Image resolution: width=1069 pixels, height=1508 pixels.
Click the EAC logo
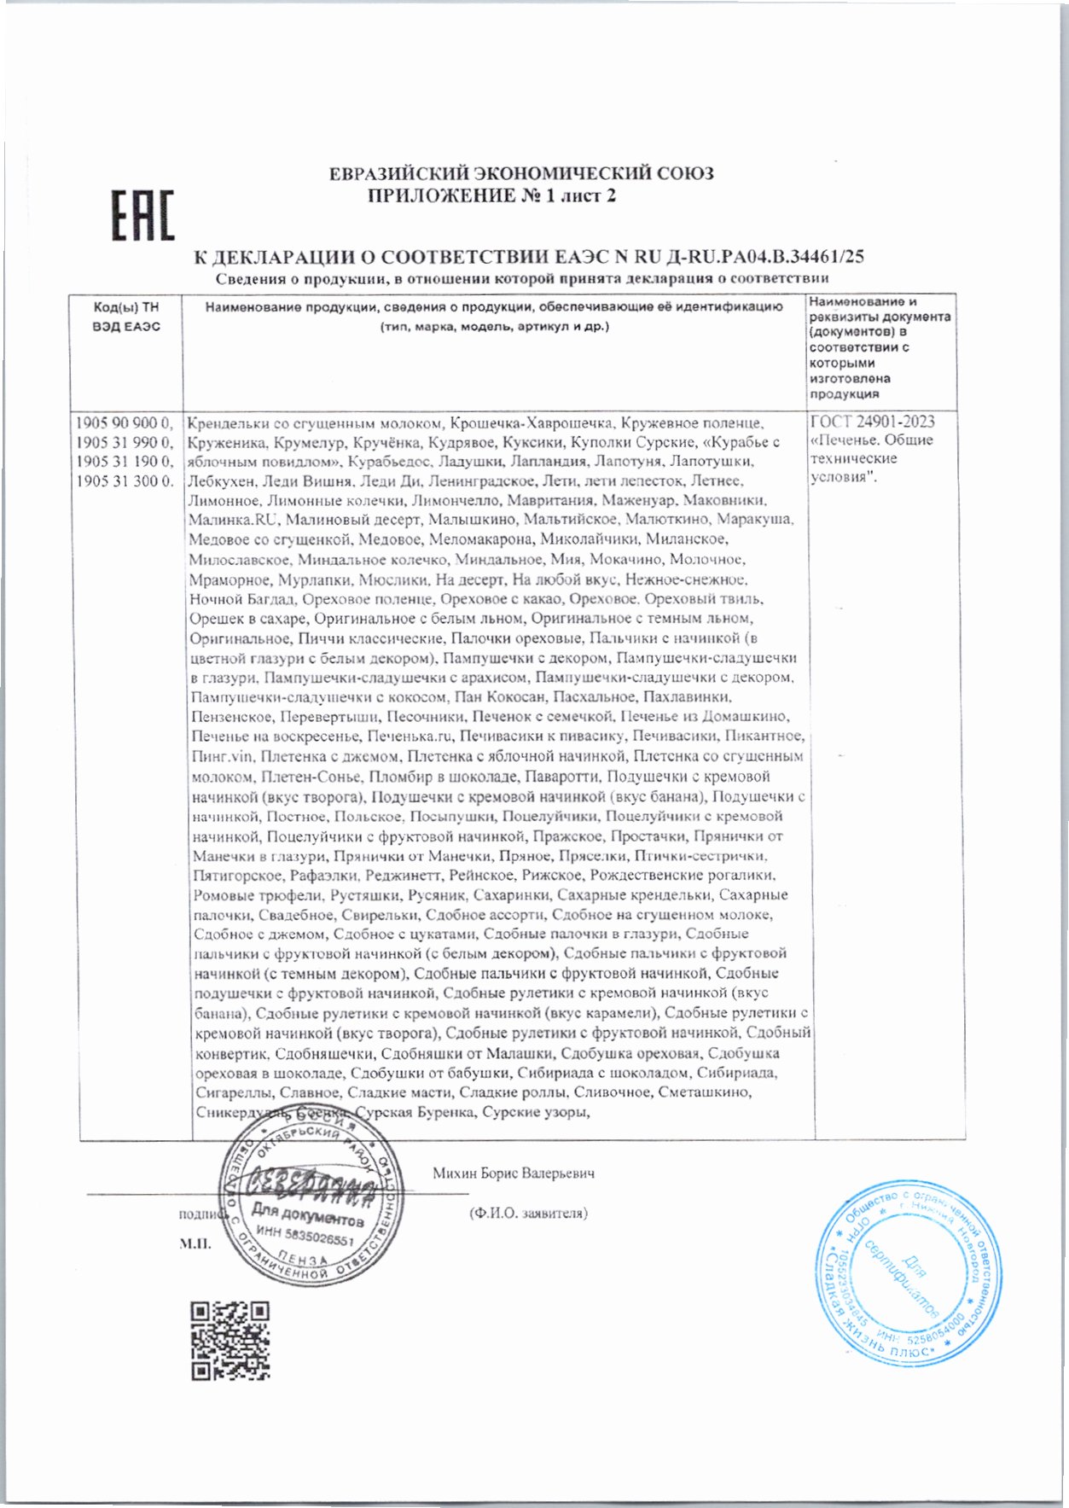pyautogui.click(x=143, y=215)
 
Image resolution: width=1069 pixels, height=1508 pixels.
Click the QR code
pyautogui.click(x=229, y=1340)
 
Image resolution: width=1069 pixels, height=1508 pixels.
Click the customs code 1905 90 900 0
pyautogui.click(x=125, y=422)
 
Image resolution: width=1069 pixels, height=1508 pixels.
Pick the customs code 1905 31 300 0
pyautogui.click(x=125, y=481)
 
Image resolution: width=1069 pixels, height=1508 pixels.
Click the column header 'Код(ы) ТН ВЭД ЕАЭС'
pyautogui.click(x=126, y=317)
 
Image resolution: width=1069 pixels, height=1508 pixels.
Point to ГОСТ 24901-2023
pyautogui.click(x=872, y=422)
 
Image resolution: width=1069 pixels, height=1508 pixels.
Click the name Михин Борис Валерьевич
pyautogui.click(x=514, y=1173)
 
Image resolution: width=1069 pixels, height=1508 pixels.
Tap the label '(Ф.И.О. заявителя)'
pyautogui.click(x=527, y=1213)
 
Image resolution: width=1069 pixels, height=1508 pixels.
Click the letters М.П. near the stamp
pyautogui.click(x=195, y=1243)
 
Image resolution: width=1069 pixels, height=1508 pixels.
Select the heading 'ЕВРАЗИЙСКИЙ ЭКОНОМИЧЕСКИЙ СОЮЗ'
pyautogui.click(x=521, y=173)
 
